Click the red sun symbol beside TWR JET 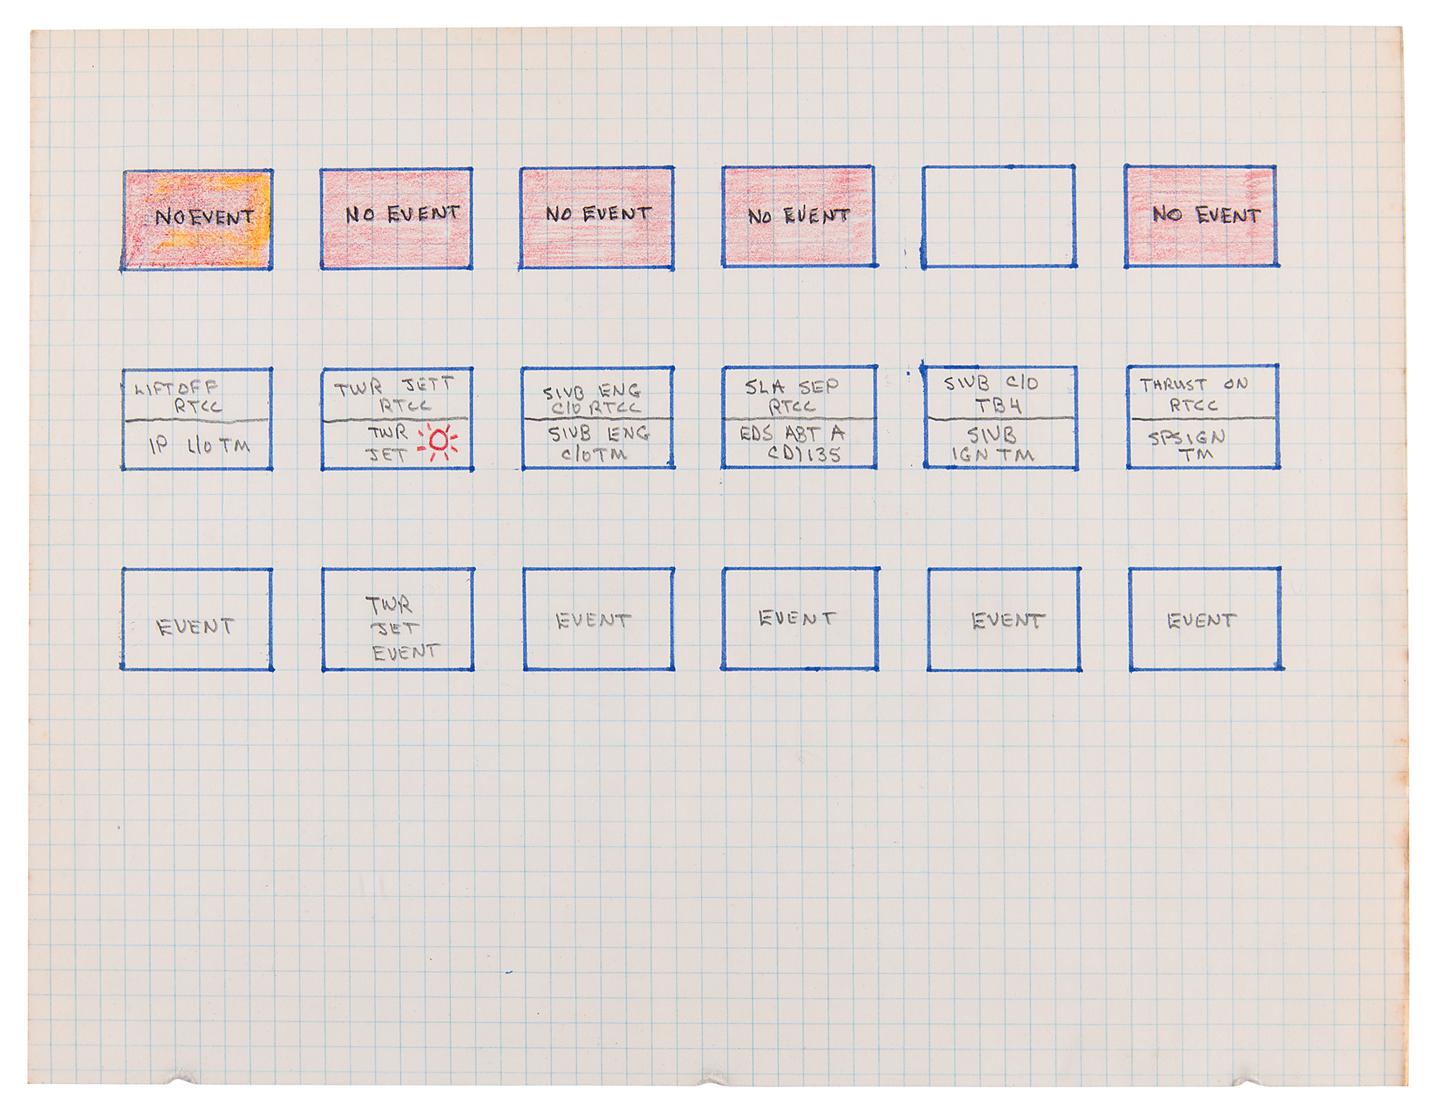pos(439,441)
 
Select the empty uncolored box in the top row pos(999,217)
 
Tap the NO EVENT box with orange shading pos(197,219)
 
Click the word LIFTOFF pos(176,388)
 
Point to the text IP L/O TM pos(199,446)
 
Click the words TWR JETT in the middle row pos(394,387)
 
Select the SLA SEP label pos(792,387)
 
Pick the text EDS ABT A pos(792,434)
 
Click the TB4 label pos(998,406)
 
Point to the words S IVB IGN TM pos(993,445)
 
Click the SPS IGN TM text pos(1187,445)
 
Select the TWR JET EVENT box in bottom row pos(398,619)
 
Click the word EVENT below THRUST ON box pos(1201,621)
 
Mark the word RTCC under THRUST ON pos(1194,406)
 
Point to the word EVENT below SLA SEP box pos(797,619)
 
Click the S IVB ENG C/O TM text pos(597,444)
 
